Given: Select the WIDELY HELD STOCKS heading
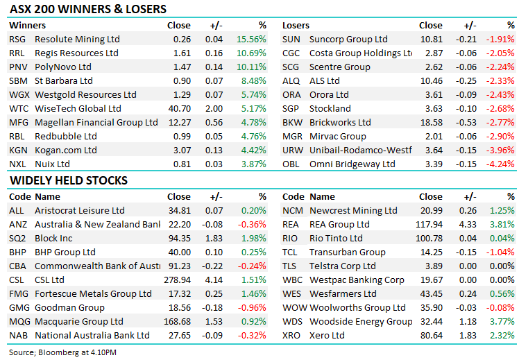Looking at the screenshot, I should (x=69, y=180).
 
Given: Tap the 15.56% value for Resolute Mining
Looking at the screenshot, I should (x=251, y=40).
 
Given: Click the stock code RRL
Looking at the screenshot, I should (x=17, y=53).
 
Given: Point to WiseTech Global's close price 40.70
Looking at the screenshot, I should (x=180, y=109).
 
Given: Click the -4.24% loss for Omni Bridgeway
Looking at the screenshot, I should (x=500, y=164).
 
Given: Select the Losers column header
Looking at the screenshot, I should (x=296, y=25).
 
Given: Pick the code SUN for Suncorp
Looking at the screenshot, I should (x=291, y=40).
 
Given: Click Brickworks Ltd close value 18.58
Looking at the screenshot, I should (x=431, y=123).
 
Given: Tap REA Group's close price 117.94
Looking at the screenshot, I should (x=428, y=225).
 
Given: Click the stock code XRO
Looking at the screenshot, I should (x=292, y=336).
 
